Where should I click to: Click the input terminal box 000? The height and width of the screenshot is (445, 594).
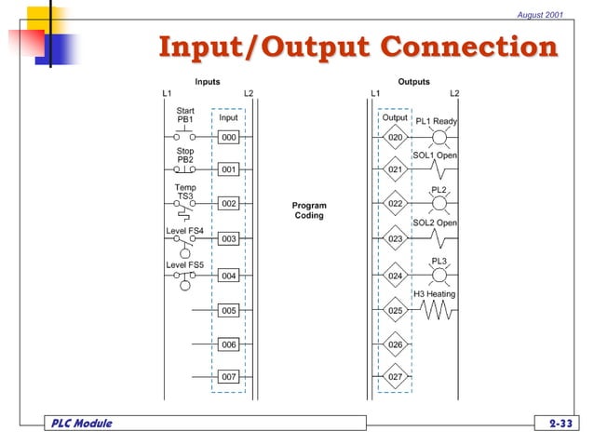(229, 137)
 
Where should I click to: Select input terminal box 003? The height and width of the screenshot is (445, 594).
(229, 239)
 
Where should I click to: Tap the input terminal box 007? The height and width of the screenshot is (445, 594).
(229, 377)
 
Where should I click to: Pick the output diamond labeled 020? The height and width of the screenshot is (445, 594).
(396, 137)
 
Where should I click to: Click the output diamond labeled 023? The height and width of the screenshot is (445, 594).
(396, 239)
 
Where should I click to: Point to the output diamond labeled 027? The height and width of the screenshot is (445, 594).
(396, 377)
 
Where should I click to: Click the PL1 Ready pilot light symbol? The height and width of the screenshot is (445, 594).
(440, 138)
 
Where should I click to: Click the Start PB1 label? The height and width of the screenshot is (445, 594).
(185, 115)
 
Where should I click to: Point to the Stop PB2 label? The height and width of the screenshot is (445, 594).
(185, 155)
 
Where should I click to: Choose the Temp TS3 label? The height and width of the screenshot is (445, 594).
(185, 192)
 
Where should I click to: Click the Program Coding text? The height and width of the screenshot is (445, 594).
(309, 210)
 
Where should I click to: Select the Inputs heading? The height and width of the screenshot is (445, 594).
(208, 82)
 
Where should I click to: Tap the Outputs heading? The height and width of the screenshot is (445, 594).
(413, 82)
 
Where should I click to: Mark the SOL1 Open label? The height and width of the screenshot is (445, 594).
(436, 155)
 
